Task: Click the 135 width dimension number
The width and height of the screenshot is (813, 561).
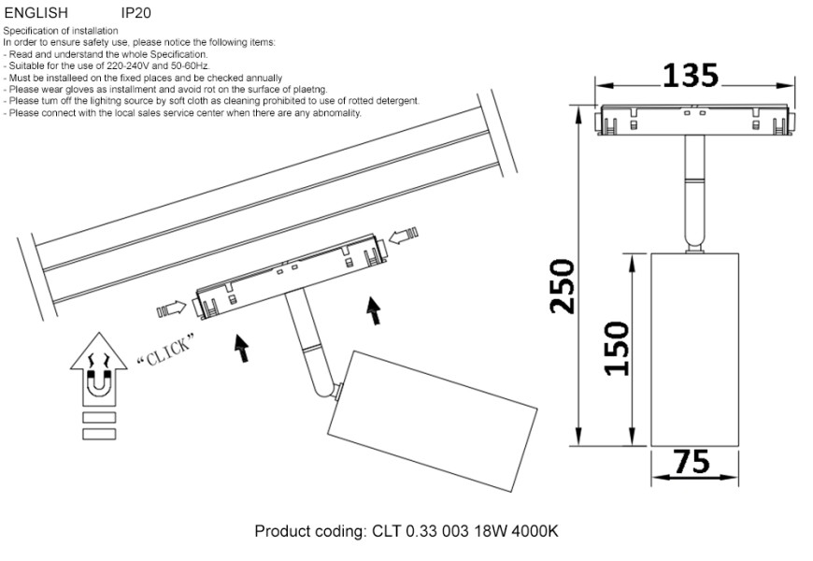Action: [x=690, y=75]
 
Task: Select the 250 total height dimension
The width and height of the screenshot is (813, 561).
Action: [x=563, y=286]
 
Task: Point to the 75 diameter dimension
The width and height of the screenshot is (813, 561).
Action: [x=691, y=463]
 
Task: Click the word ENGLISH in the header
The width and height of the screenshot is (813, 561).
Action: [x=36, y=14]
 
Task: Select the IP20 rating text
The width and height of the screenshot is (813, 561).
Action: [x=135, y=14]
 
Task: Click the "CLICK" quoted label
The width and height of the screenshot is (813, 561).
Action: [x=165, y=350]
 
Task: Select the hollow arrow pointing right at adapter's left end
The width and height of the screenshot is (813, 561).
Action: [x=172, y=308]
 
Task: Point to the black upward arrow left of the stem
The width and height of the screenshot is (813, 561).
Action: [x=241, y=347]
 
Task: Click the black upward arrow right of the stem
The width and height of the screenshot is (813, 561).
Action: [x=374, y=309]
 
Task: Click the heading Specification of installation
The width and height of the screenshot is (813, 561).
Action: [x=61, y=31]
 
